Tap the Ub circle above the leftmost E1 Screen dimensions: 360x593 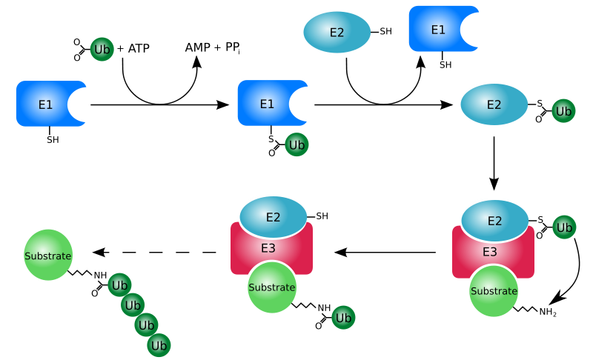(102, 50)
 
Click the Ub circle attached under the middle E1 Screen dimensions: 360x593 (297, 144)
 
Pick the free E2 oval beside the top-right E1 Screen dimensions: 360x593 (337, 33)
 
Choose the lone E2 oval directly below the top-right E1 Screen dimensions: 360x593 (494, 104)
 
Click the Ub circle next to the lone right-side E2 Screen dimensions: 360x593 (564, 111)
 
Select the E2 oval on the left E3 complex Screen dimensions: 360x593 (273, 217)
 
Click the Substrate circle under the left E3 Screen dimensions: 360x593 (272, 287)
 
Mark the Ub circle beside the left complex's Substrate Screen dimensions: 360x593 (343, 318)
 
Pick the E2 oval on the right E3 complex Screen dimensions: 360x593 (494, 221)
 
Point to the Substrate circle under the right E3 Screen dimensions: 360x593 (494, 291)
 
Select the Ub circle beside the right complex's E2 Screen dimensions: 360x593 (564, 227)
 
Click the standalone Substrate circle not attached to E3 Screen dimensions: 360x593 (48, 256)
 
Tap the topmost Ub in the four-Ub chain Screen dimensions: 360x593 (119, 285)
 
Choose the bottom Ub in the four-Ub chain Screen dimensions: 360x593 (159, 345)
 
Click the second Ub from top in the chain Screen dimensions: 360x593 (133, 304)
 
